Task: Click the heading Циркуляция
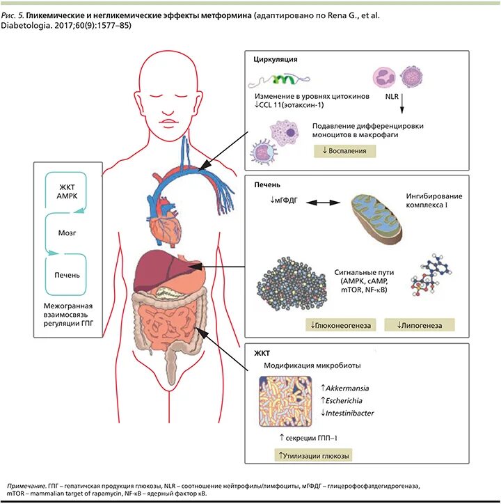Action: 276,60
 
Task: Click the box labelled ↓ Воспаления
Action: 344,151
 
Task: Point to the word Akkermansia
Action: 351,387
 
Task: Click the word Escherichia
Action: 349,400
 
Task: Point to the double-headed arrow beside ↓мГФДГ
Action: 320,203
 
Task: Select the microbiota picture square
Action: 286,403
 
